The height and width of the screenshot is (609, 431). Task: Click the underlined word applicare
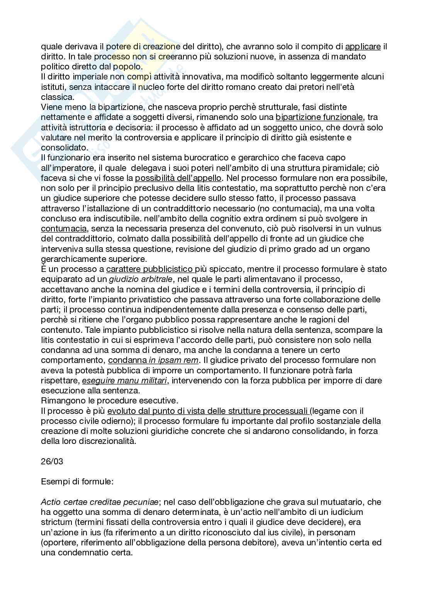click(x=363, y=47)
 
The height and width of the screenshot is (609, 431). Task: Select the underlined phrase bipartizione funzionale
click(x=319, y=117)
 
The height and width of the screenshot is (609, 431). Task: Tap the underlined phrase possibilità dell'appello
click(x=178, y=178)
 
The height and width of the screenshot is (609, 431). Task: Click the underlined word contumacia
click(x=64, y=228)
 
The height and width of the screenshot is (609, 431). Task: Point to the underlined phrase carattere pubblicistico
click(x=150, y=269)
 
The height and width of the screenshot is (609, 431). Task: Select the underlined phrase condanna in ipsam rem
click(x=153, y=360)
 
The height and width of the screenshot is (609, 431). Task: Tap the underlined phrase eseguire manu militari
click(x=125, y=380)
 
